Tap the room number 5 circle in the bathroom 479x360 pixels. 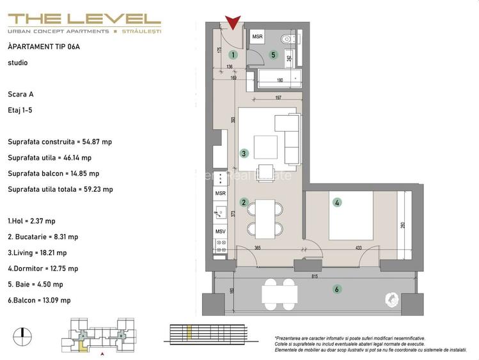pos(273,55)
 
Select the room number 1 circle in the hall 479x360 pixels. pos(233,56)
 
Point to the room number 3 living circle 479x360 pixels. pos(244,153)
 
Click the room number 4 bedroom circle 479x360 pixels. pos(337,203)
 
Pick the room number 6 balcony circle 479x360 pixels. pos(337,289)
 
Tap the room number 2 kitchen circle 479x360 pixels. pos(244,203)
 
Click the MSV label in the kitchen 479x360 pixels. pos(220,231)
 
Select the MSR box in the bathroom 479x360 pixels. pos(257,37)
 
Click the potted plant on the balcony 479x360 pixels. pos(391,299)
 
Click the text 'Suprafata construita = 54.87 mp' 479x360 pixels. pos(59,142)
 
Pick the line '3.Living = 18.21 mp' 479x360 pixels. pos(42,253)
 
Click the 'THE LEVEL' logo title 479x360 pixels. pos(84,20)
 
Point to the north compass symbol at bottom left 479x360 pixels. pos(22,333)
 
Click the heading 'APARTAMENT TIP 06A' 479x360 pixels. pos(44,47)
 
